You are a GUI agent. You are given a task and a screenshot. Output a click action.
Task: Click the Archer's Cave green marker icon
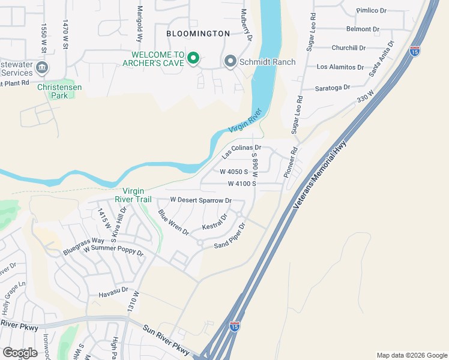pos(193,58)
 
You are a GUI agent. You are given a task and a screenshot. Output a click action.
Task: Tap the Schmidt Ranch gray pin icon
pos(229,61)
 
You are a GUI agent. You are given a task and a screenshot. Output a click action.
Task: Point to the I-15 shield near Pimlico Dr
pos(415,52)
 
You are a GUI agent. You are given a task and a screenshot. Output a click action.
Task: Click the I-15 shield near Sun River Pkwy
pos(234,326)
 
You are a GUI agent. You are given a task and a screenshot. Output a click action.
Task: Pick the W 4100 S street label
pos(242,184)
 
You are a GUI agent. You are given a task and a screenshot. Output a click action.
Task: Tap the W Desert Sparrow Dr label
pos(200,200)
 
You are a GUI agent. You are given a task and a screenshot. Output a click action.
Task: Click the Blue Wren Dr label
pos(173,222)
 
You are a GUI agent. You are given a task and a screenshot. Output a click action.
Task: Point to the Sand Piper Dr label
pos(231,236)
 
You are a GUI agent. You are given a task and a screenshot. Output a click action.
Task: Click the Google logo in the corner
pos(20,353)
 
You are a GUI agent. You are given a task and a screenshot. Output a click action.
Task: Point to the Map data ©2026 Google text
pos(411,355)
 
